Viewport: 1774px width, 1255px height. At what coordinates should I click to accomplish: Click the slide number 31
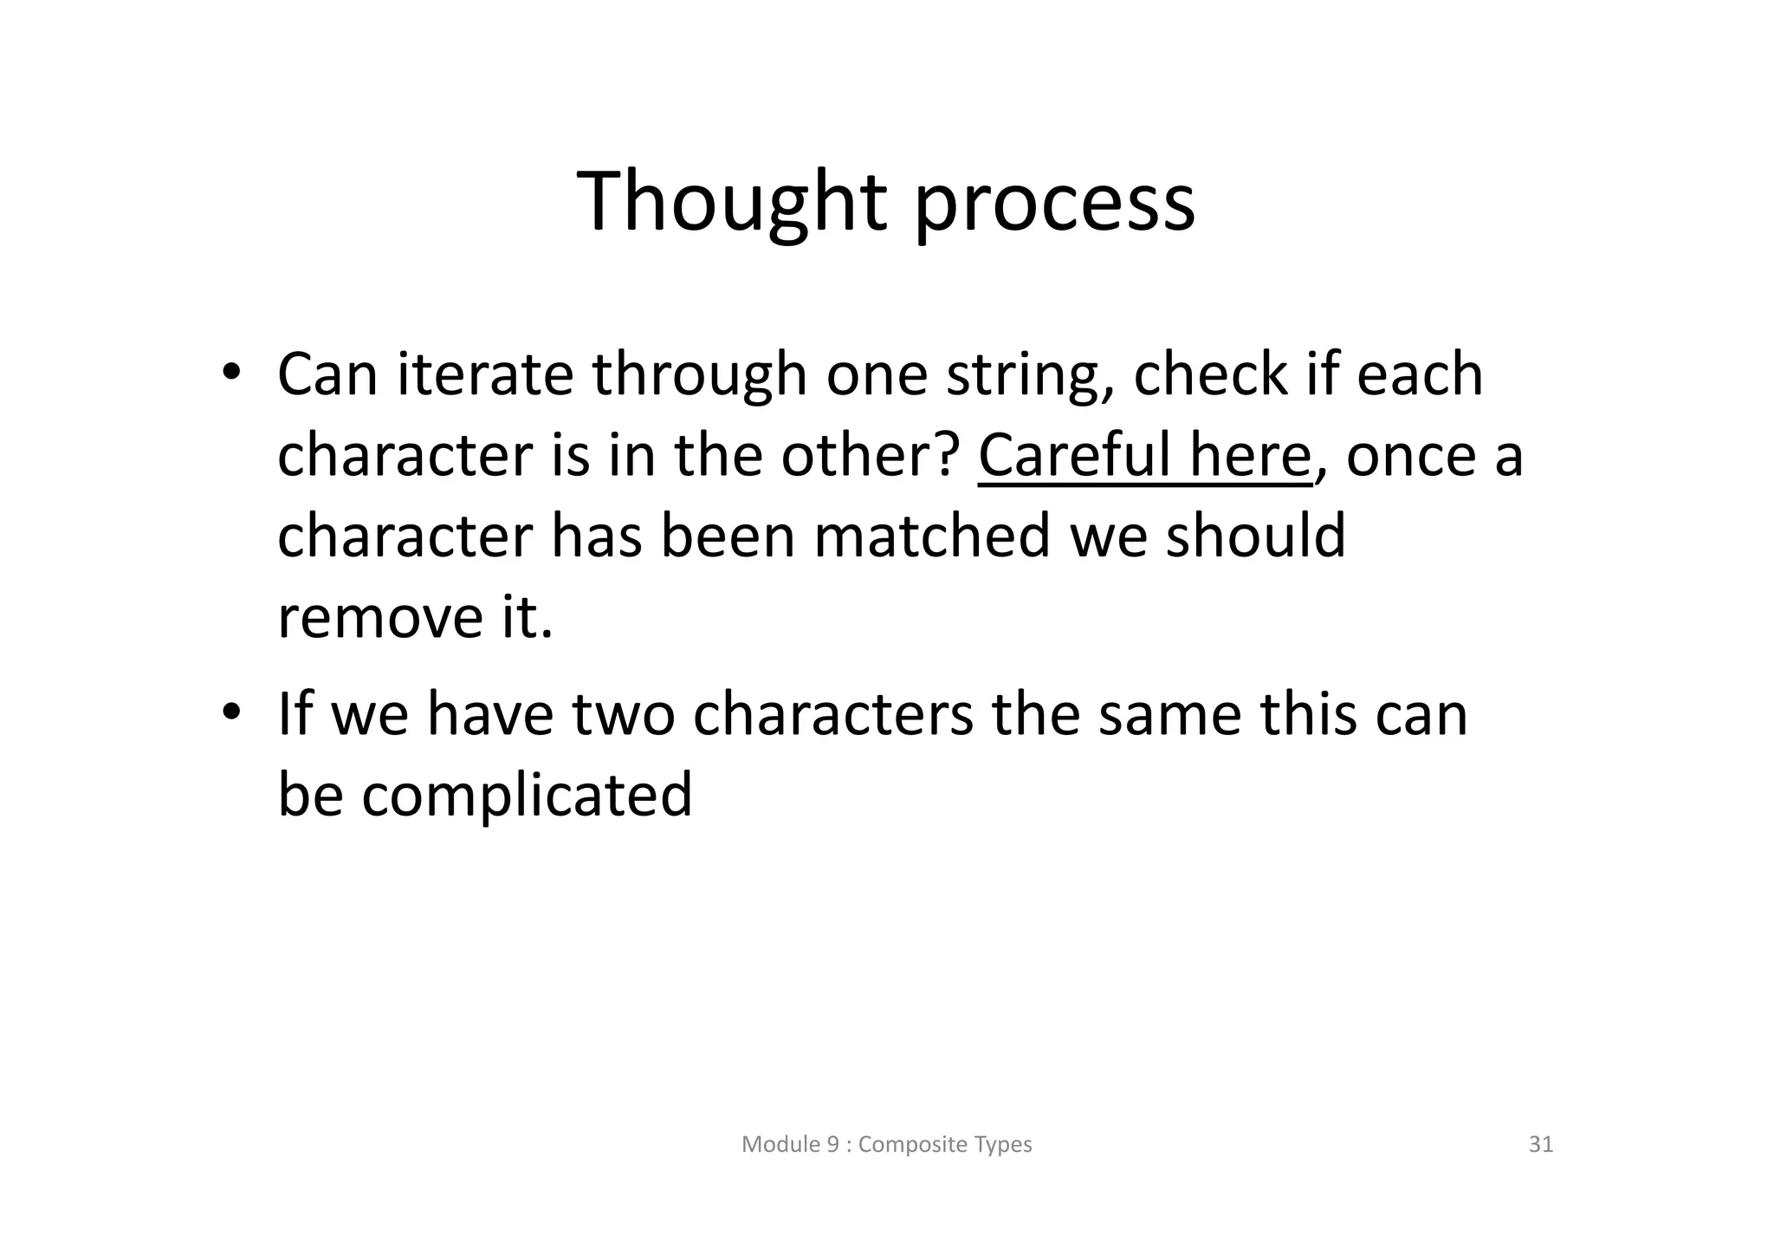click(x=1541, y=1145)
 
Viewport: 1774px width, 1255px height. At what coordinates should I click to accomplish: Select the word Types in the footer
click(x=1006, y=1145)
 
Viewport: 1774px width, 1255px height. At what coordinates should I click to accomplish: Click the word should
click(x=1255, y=535)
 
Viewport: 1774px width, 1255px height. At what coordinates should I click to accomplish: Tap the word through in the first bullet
click(x=699, y=376)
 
